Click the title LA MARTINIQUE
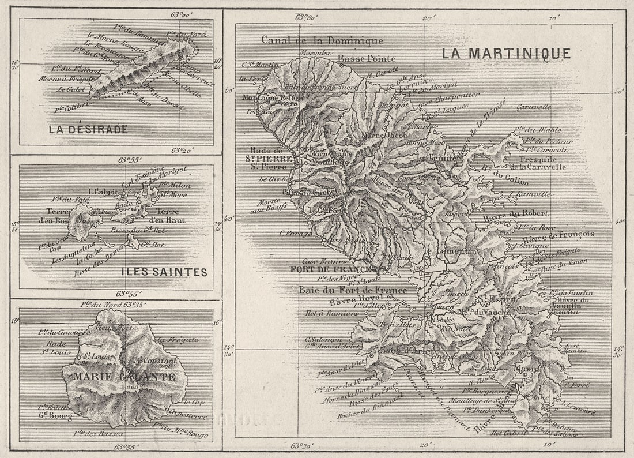(x=506, y=54)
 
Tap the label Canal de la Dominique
(x=322, y=40)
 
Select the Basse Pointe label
(x=366, y=58)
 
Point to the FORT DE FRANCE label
(x=331, y=269)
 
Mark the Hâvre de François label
(x=558, y=235)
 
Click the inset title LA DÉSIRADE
(x=88, y=130)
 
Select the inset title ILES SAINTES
(x=164, y=272)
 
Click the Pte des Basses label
(x=98, y=433)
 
